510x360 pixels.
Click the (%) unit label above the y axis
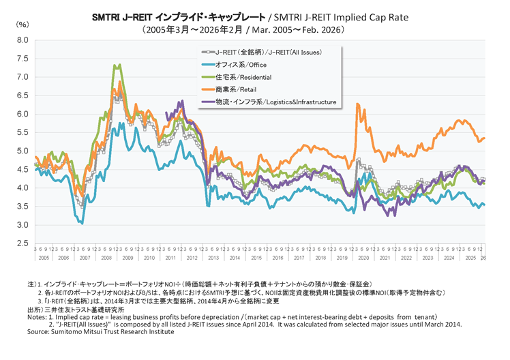[x=22, y=25]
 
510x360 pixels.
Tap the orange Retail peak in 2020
[x=357, y=104]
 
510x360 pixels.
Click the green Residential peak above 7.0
[x=118, y=65]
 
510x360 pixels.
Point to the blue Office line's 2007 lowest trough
[x=82, y=223]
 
